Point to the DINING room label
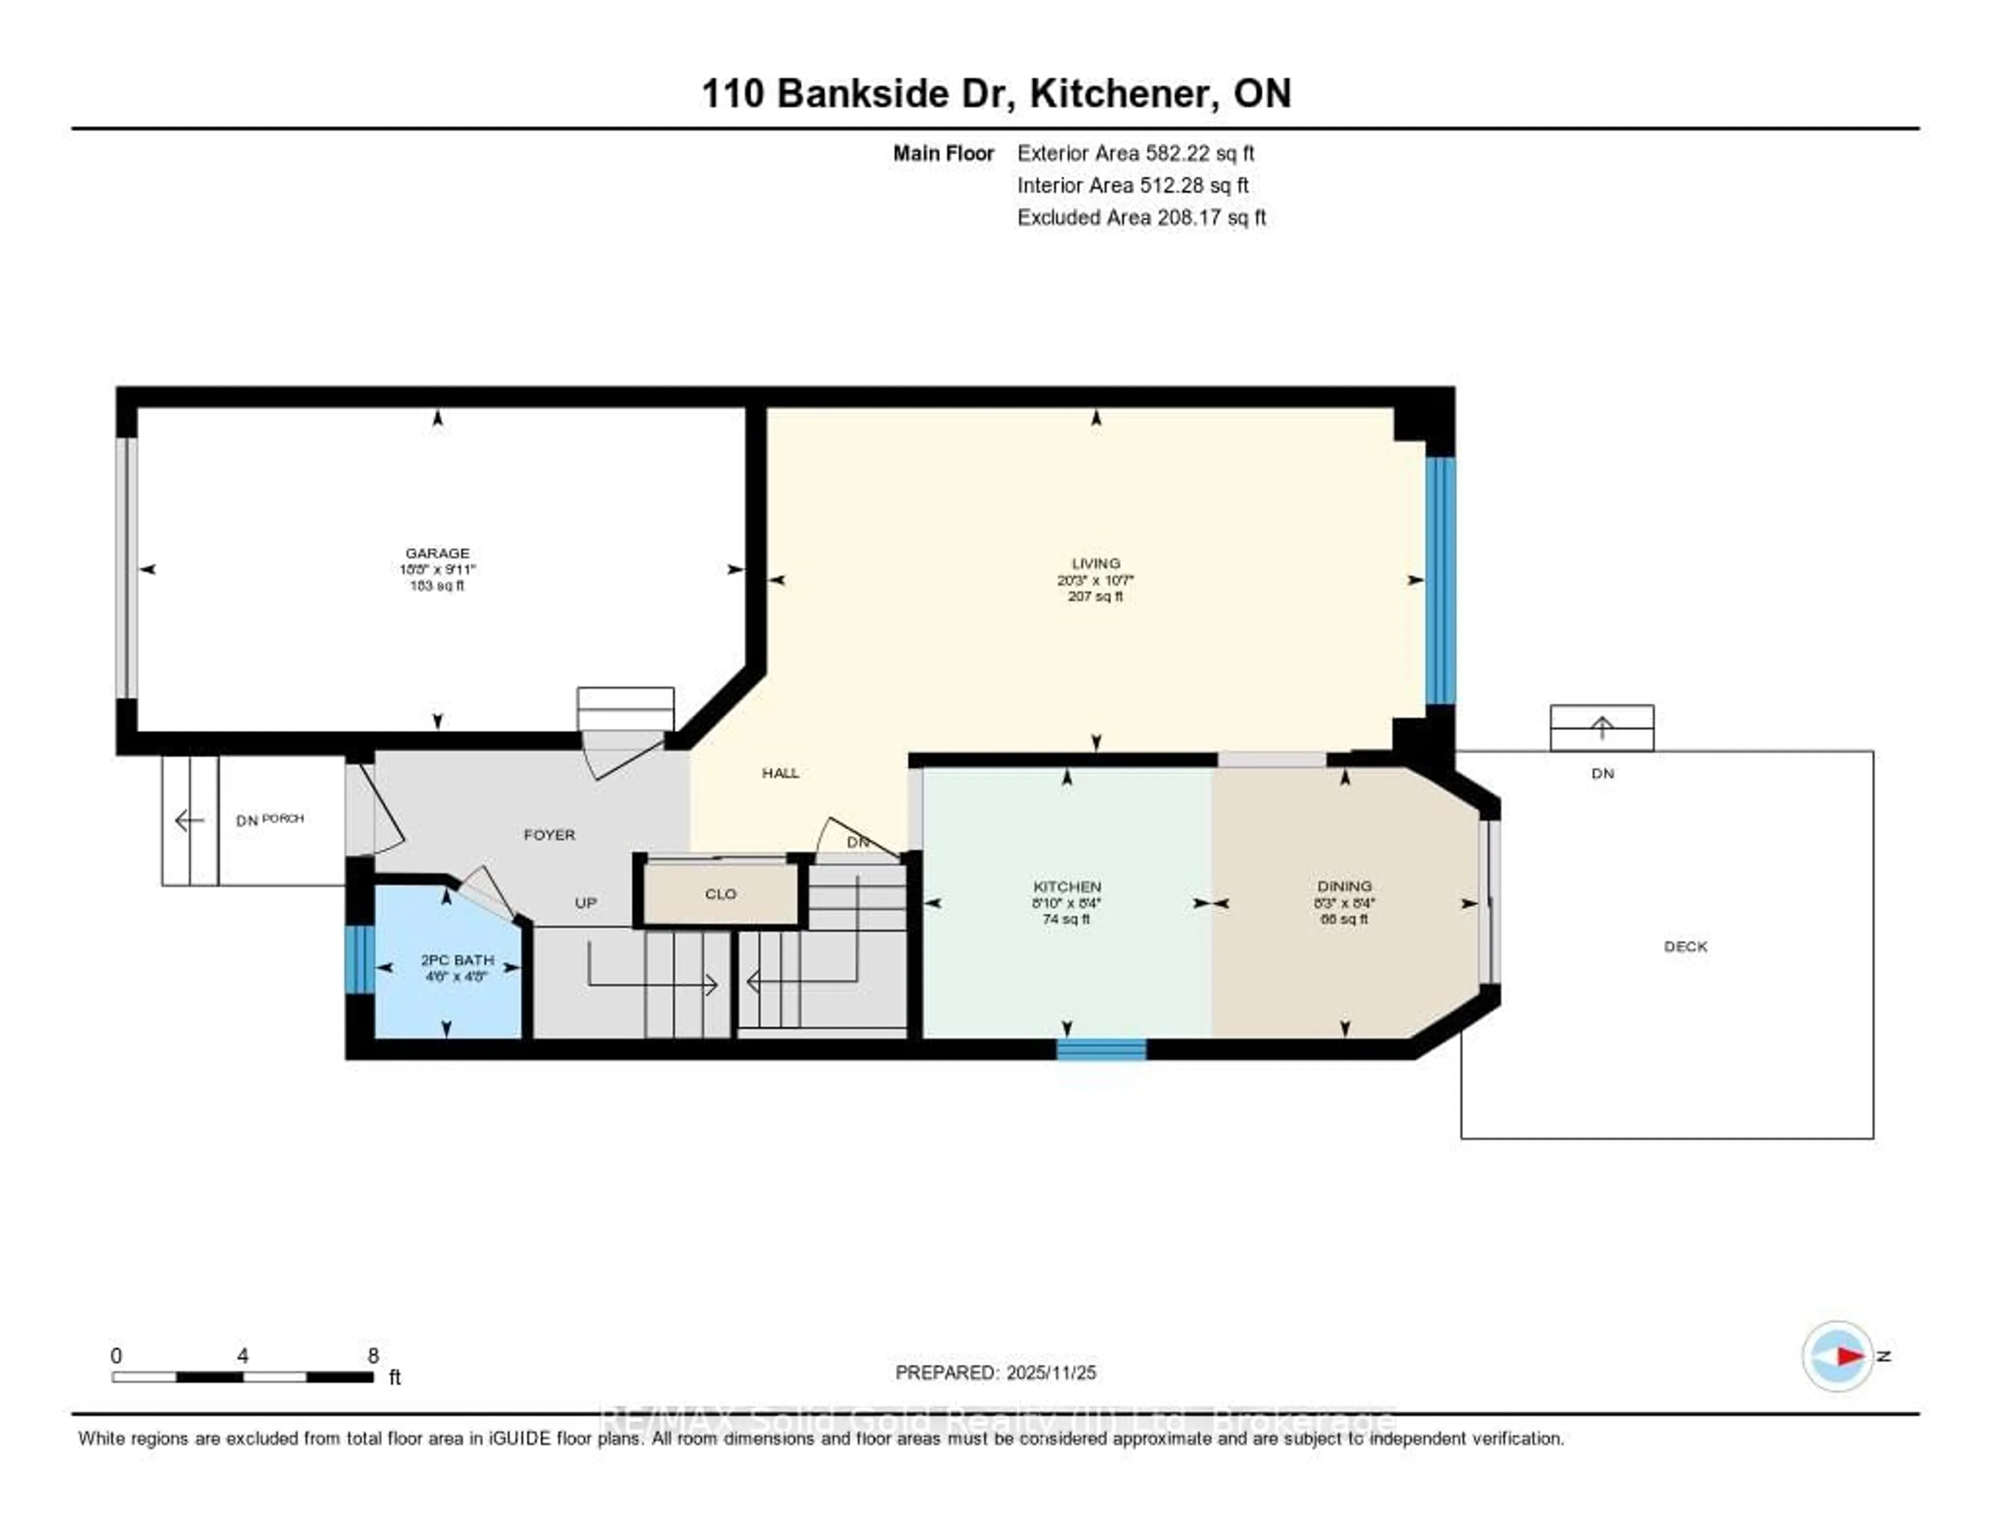[x=1344, y=886]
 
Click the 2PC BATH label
[x=457, y=960]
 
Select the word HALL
[x=780, y=773]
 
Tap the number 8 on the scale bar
[x=373, y=1355]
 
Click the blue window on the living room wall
[x=1440, y=581]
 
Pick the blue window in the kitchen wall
[x=1101, y=1050]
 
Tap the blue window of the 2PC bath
[x=359, y=959]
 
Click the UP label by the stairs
[x=585, y=903]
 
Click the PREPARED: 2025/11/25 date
[x=995, y=1372]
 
